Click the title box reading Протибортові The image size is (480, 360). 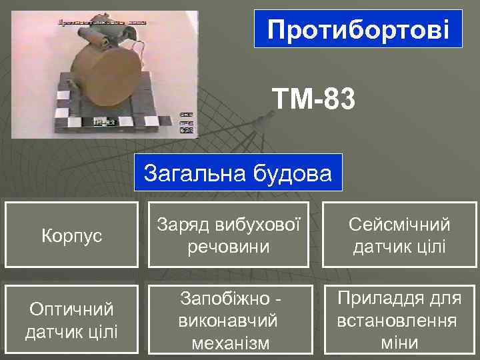tap(358, 29)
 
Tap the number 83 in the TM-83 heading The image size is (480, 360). tap(337, 102)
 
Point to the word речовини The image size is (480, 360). tap(229, 247)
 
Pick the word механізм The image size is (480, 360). tap(229, 343)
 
